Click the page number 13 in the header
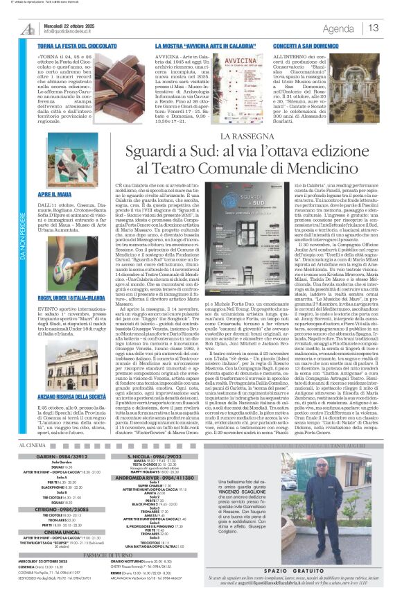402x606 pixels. pos(374,28)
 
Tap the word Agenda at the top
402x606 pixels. pos(338,28)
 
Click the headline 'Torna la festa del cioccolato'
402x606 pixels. pos(78,44)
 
